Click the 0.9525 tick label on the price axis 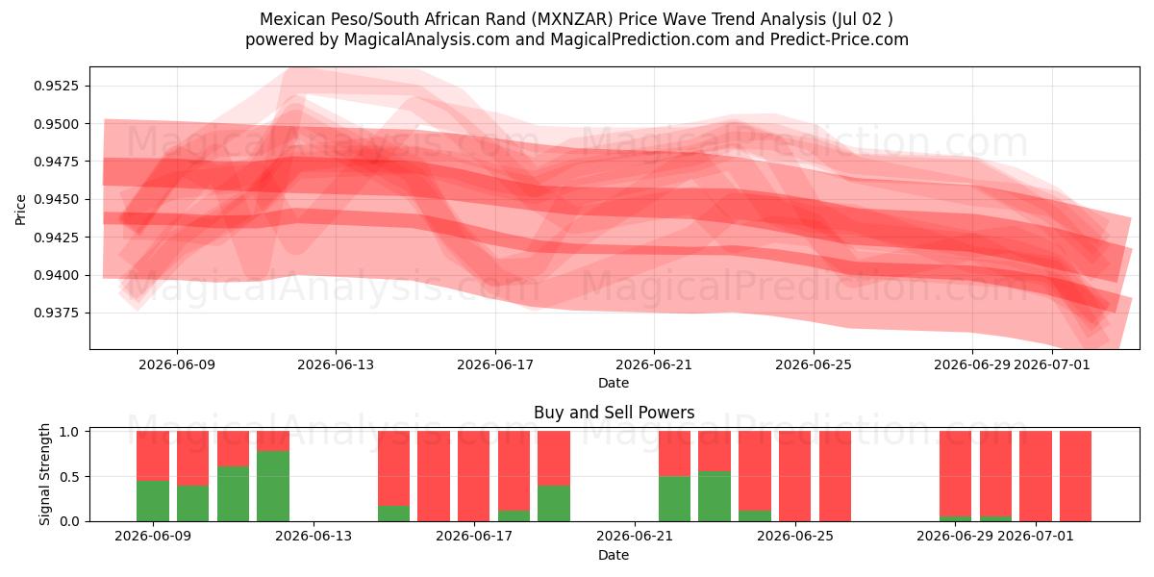[x=56, y=86]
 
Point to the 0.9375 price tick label [x=56, y=314]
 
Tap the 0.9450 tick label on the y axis [x=56, y=199]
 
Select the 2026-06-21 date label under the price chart [x=654, y=364]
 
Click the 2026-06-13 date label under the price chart [x=336, y=364]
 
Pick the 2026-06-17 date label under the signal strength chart [x=474, y=536]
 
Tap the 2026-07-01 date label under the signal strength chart [x=1036, y=536]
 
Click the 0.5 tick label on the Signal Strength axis [x=69, y=477]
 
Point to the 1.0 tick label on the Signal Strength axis [x=69, y=432]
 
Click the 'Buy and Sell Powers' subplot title [x=615, y=413]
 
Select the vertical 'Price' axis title [x=20, y=210]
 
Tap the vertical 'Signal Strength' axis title [x=45, y=474]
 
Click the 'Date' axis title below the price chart [x=614, y=383]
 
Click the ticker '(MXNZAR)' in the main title [x=572, y=19]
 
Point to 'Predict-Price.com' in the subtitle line [x=840, y=39]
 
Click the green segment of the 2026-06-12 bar [x=273, y=486]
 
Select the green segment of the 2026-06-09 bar [x=153, y=501]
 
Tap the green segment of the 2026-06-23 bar [x=715, y=496]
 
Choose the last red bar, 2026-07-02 [x=1076, y=476]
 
